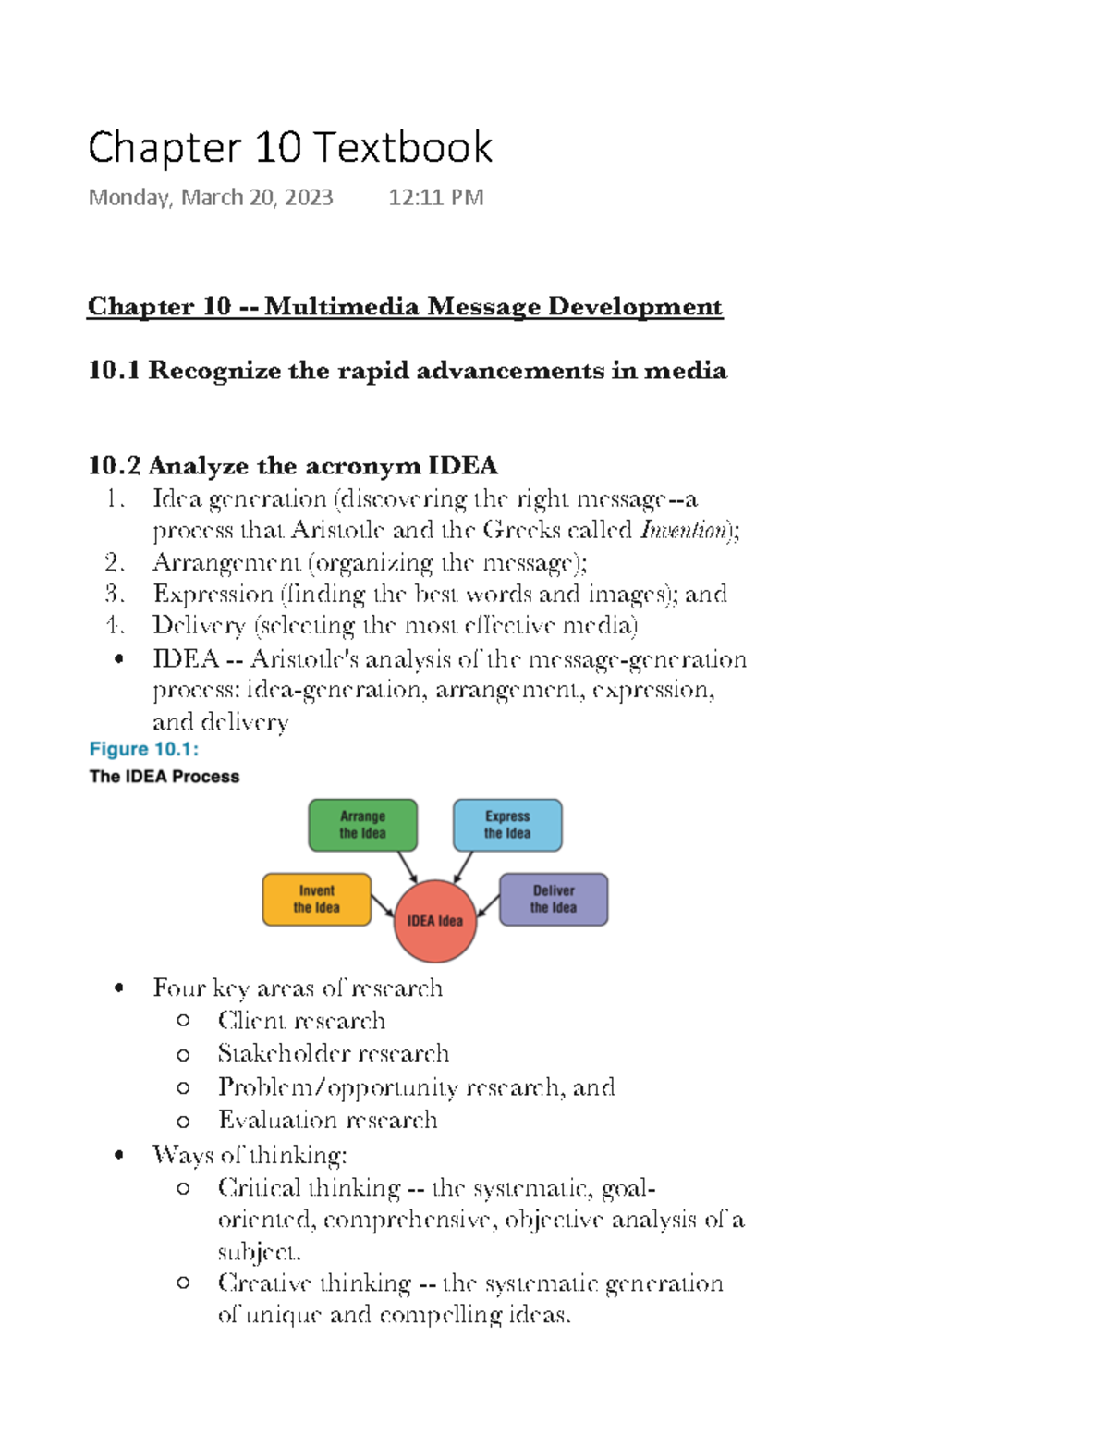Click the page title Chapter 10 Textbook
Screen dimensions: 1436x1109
click(290, 148)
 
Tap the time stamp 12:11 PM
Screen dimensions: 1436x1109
click(435, 198)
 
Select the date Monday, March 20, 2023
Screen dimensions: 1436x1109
click(210, 198)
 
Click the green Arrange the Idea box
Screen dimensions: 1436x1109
click(362, 825)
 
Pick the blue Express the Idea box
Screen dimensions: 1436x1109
click(507, 825)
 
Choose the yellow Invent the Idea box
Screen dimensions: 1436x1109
click(316, 899)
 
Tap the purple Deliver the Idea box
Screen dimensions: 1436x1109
click(554, 899)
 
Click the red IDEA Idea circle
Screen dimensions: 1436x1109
click(434, 921)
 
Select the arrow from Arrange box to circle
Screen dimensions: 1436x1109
click(408, 866)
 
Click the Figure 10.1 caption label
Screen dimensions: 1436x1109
click(144, 749)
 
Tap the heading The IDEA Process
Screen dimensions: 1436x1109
click(165, 777)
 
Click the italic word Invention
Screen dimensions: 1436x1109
click(684, 531)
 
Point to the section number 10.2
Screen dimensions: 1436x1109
click(114, 465)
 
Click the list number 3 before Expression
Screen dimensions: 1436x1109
click(114, 594)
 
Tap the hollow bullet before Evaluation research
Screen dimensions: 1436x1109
click(183, 1121)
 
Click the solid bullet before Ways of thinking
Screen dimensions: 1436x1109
click(118, 1155)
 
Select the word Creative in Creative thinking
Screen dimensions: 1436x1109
click(263, 1283)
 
